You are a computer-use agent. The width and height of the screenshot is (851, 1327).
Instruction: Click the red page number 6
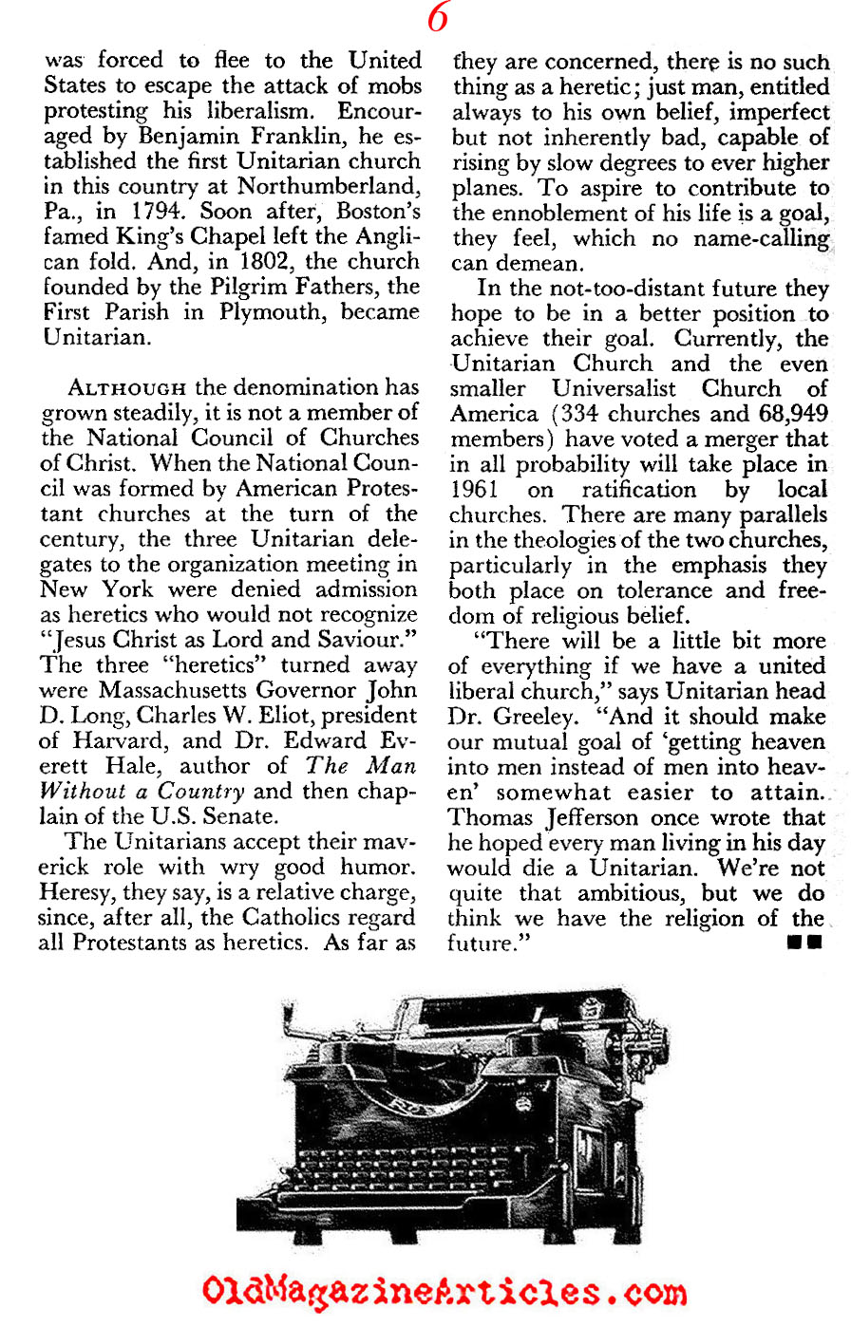coord(438,18)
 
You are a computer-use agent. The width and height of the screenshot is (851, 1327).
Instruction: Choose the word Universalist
coord(614,389)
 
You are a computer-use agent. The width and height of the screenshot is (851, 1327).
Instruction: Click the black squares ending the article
coord(804,944)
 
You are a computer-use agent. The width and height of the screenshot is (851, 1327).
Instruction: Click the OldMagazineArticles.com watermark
coord(444,1292)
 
